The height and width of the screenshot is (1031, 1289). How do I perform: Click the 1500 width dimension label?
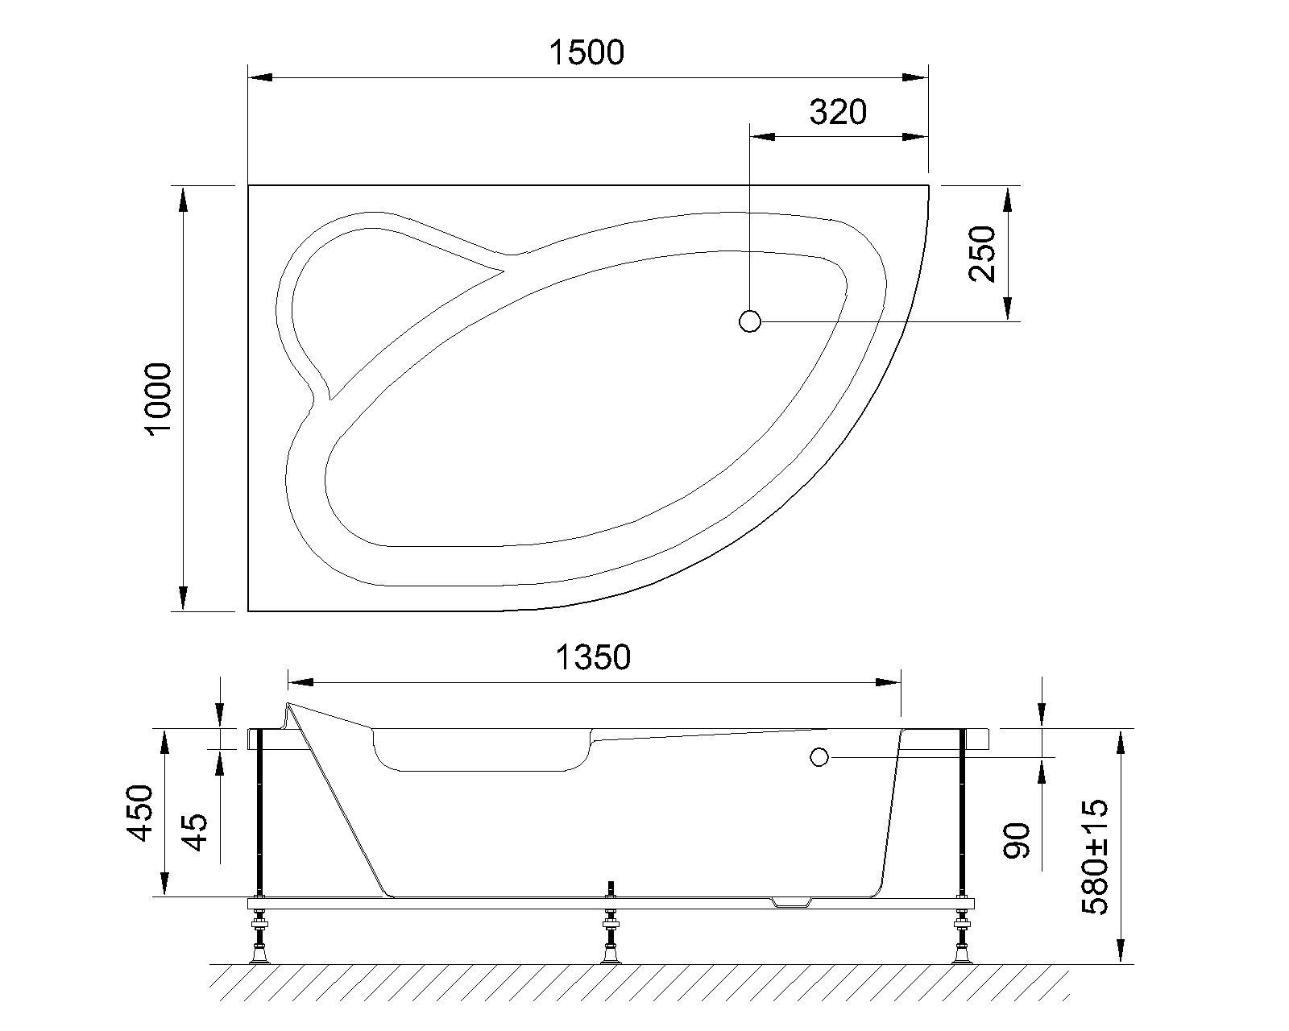(x=586, y=53)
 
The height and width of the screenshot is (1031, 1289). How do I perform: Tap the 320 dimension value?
(x=838, y=113)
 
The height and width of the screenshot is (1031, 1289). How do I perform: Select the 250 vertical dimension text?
(x=983, y=253)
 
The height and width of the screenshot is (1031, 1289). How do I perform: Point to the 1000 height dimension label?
(x=159, y=398)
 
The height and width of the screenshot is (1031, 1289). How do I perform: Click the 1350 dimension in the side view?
(x=593, y=658)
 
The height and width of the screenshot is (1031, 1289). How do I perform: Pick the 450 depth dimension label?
(x=141, y=813)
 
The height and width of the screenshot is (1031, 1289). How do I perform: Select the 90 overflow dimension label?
(x=1017, y=840)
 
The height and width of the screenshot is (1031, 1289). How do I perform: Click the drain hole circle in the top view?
(x=749, y=321)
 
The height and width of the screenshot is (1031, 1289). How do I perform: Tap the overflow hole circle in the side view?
(x=819, y=757)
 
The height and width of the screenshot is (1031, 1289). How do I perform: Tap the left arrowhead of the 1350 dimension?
(x=300, y=682)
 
